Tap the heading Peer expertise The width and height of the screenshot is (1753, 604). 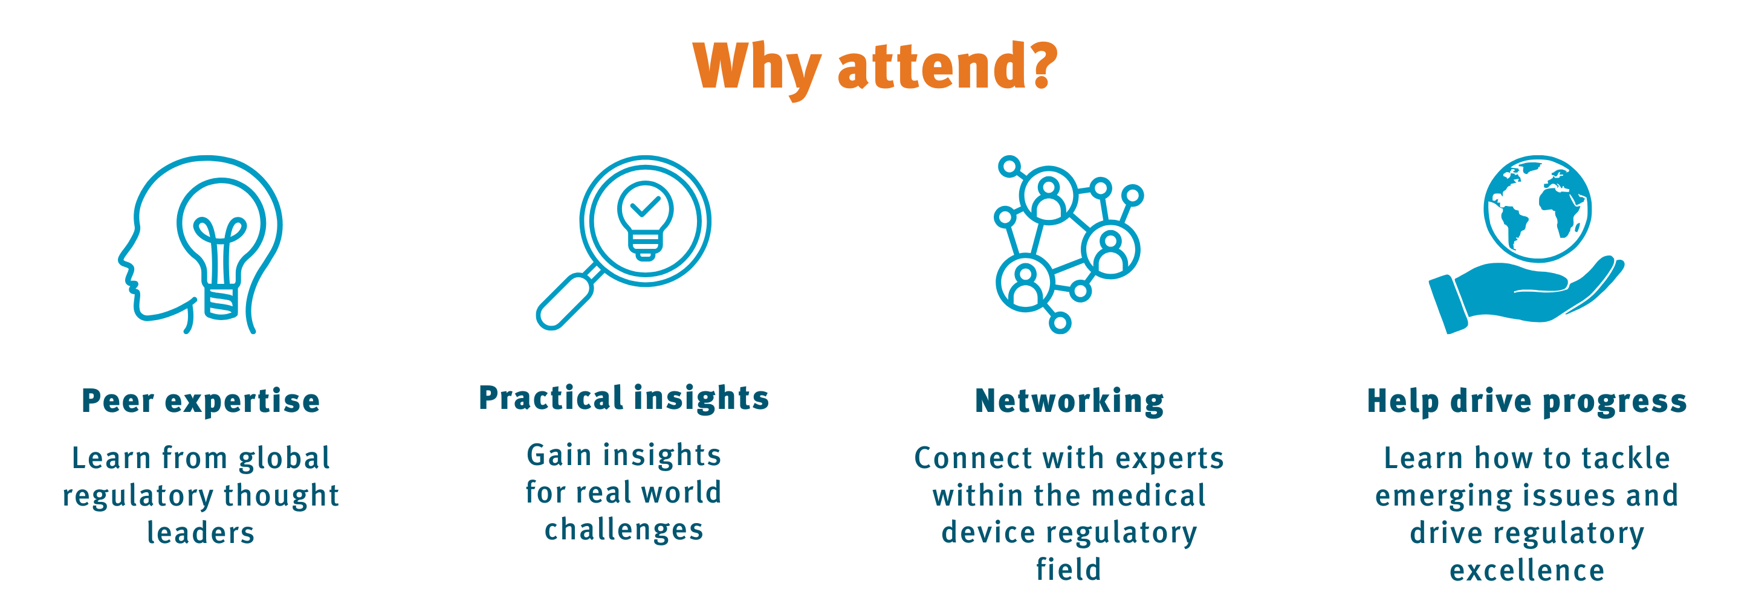point(201,400)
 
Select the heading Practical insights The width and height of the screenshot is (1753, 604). point(624,398)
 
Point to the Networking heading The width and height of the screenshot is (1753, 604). point(1069,401)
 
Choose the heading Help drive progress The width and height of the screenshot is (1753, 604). point(1527,401)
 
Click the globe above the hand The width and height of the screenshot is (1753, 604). point(1538,208)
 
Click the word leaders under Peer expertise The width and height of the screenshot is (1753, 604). point(201,533)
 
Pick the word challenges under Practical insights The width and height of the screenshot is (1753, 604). point(624,530)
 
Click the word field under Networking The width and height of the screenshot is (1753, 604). point(1068,570)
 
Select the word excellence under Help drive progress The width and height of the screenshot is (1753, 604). point(1527,570)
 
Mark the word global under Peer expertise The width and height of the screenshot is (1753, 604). point(285,458)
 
